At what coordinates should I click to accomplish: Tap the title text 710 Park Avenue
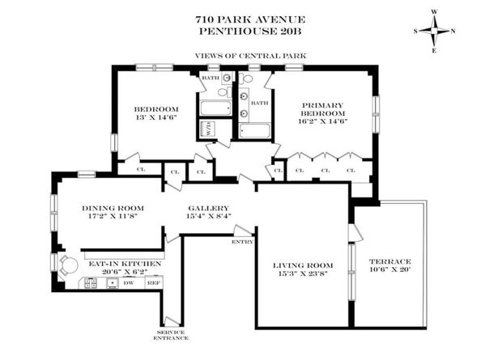pos(240,19)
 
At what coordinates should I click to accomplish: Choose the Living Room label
pos(303,265)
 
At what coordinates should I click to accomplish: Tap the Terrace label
pos(390,261)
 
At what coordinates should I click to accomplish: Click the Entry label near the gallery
pos(241,241)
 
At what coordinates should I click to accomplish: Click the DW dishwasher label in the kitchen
pos(128,283)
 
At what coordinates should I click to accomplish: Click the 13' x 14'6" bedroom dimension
pos(155,118)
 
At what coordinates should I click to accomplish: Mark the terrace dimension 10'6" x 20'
pos(390,271)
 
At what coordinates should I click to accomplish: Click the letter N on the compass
pos(453,32)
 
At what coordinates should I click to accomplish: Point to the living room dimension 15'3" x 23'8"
pos(303,275)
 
